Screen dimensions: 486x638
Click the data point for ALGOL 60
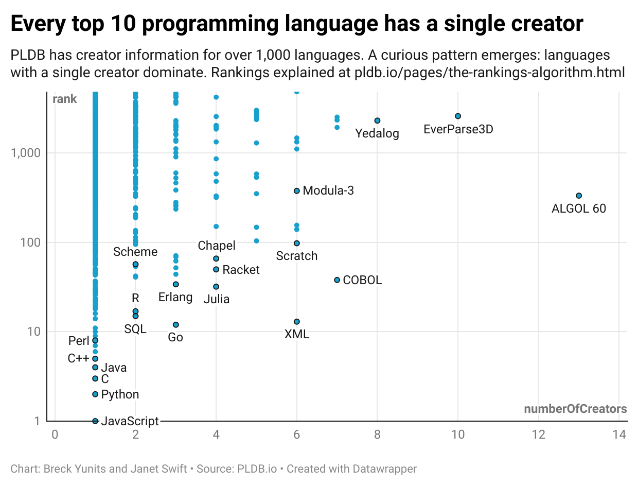(x=578, y=196)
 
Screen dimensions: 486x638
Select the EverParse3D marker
(x=458, y=116)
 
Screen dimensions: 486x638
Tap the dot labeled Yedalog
(x=377, y=120)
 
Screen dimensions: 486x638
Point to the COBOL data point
(x=337, y=280)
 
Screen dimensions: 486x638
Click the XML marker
(x=297, y=322)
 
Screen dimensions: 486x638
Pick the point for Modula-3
(x=297, y=191)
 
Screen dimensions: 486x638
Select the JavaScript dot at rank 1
(x=95, y=421)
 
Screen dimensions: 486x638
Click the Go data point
(x=176, y=325)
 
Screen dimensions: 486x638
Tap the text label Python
(x=120, y=395)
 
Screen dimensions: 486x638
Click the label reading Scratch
(x=297, y=256)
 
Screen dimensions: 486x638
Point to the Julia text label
(x=216, y=299)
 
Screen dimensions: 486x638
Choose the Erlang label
(x=175, y=297)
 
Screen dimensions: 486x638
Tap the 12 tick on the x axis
(x=538, y=435)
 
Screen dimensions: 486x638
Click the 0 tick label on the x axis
(x=55, y=435)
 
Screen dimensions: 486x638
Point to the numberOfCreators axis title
(x=575, y=409)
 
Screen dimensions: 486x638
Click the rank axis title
(x=65, y=99)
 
